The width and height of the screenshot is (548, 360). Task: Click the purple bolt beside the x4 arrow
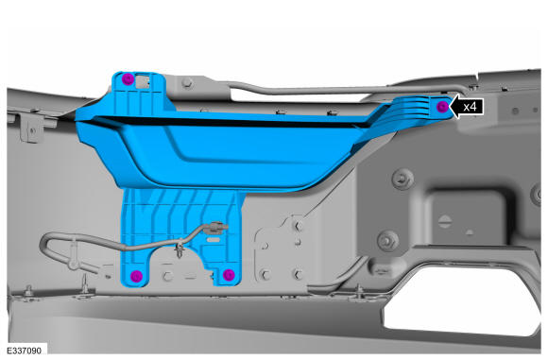[x=442, y=106]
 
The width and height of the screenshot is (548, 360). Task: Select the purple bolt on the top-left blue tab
[x=128, y=79]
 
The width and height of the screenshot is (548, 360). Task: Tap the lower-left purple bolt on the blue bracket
[x=136, y=276]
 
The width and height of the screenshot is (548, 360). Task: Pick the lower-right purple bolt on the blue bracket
[x=229, y=275]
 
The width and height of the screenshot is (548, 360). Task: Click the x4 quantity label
[x=470, y=106]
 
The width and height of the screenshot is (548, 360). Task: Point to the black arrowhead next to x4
[x=455, y=106]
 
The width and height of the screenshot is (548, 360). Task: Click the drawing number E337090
[x=24, y=351]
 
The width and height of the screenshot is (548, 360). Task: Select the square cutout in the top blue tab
[x=143, y=81]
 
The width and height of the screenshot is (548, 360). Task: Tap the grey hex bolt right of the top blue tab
[x=187, y=83]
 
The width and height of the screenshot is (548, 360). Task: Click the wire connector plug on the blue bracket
[x=217, y=228]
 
